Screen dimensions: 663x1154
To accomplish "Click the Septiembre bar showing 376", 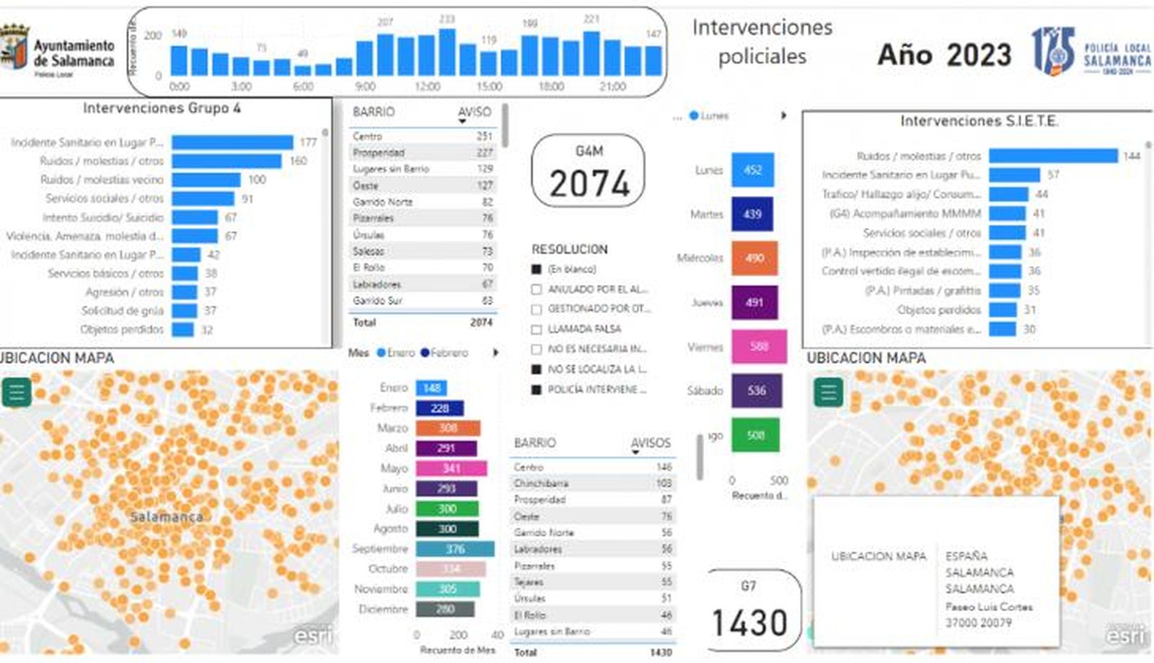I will pos(454,549).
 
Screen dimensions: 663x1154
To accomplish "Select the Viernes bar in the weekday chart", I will pos(759,346).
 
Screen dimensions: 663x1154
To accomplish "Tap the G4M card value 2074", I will pos(589,183).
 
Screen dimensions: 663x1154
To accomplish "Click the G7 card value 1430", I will pos(749,623).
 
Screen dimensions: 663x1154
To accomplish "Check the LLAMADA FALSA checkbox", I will pos(536,329).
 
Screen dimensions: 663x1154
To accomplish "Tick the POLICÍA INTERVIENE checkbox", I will pos(536,390).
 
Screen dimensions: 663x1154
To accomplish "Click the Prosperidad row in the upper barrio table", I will pos(422,153).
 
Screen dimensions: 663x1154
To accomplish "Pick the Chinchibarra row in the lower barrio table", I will pos(591,483).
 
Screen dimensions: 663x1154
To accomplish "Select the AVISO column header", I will pos(474,112).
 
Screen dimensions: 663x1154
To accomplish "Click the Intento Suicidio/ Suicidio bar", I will pos(195,217).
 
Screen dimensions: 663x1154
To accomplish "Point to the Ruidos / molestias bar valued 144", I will pos(1053,156).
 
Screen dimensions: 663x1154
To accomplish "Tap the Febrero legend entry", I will pos(444,353).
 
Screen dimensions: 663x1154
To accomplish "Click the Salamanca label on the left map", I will pos(166,517).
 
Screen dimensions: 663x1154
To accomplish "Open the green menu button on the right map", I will pos(828,392).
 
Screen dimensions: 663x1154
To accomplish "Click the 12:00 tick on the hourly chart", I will pos(427,87).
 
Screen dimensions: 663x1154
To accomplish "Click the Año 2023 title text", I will pos(944,55).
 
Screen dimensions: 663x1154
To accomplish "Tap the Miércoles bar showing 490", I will pos(754,258).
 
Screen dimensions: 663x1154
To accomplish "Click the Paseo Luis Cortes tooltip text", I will pos(988,607).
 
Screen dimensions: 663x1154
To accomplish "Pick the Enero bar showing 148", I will pos(431,388).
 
